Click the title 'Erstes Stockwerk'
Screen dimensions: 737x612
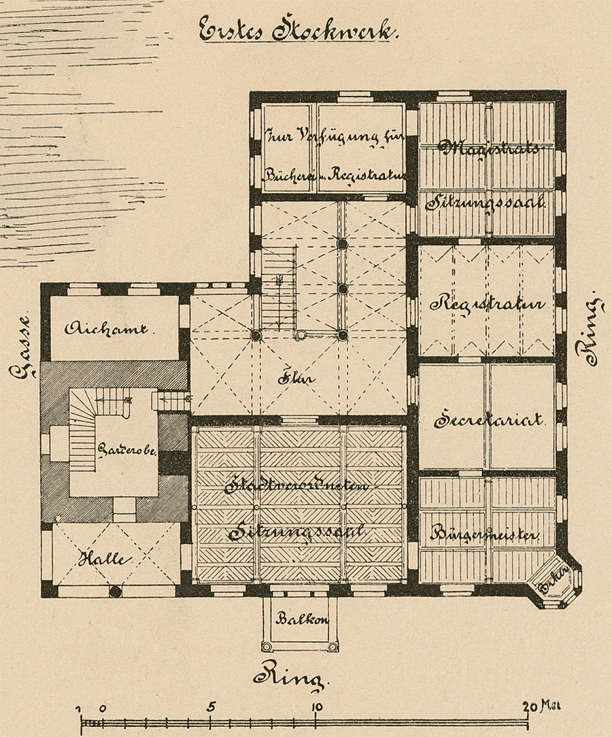pos(299,31)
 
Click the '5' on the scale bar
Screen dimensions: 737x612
pos(211,706)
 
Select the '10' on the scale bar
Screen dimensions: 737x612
pos(317,706)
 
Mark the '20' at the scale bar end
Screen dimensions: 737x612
pos(530,706)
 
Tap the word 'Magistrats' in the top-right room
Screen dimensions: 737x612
pos(490,148)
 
